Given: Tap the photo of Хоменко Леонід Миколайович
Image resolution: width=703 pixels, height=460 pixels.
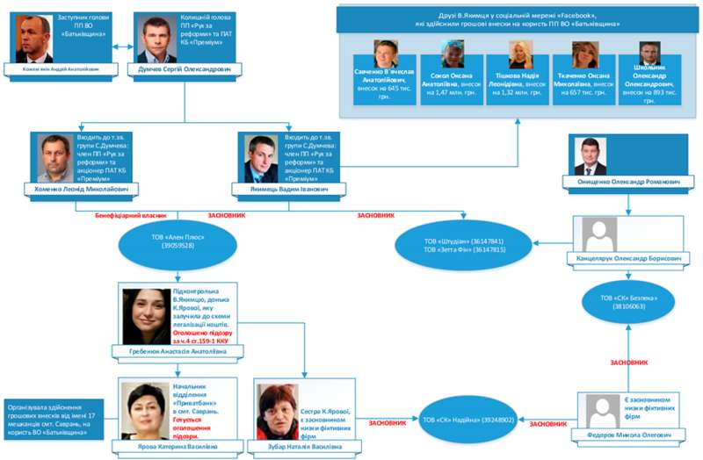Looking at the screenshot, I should click(x=55, y=158).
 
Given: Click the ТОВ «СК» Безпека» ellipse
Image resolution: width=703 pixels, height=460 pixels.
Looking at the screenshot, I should click(x=629, y=302).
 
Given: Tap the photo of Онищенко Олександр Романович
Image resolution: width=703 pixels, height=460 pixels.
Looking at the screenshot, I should click(x=590, y=156).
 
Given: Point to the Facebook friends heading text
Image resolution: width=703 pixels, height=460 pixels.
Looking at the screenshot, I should click(x=518, y=19).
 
